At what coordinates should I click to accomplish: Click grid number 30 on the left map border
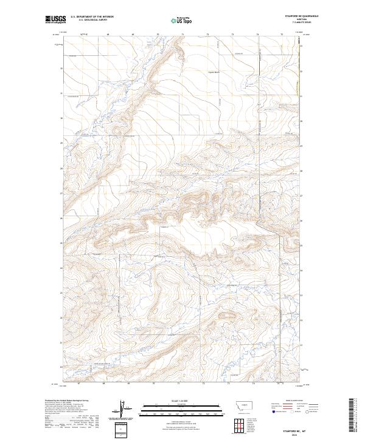tap(61, 118)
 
